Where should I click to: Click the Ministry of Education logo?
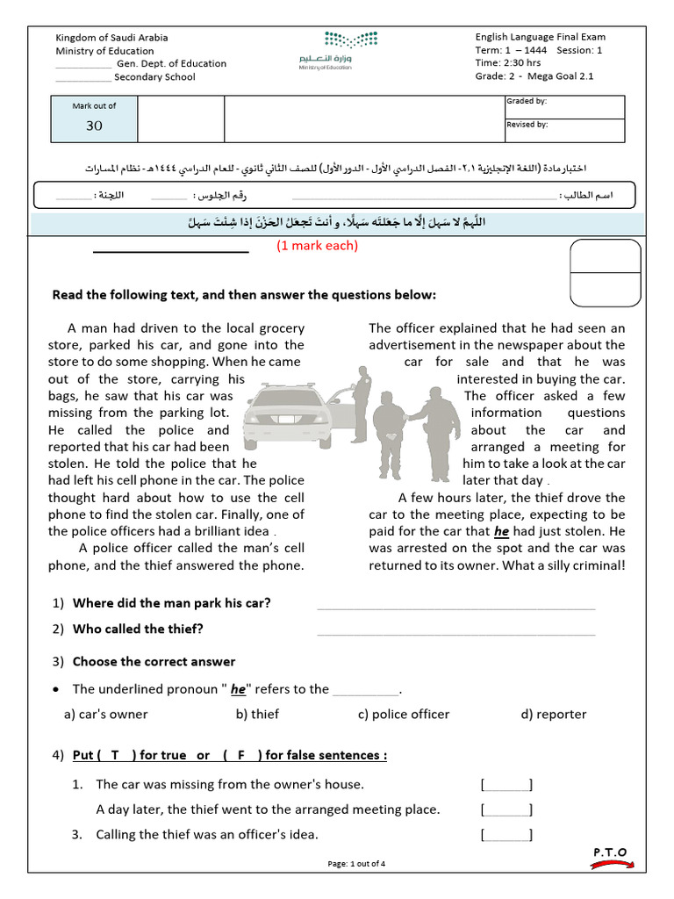point(338,50)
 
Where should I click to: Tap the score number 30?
point(94,126)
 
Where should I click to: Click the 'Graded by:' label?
point(527,102)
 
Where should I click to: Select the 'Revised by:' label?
point(527,125)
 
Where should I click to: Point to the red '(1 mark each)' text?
point(317,246)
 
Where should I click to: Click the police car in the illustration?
point(285,412)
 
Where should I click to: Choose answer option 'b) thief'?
point(257,714)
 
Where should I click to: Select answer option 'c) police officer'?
point(403,714)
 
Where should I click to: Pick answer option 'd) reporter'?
point(553,714)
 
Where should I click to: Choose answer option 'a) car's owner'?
point(106,714)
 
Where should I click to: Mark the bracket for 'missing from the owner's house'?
point(506,784)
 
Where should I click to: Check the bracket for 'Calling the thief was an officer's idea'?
point(506,834)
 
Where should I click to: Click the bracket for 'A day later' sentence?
point(506,809)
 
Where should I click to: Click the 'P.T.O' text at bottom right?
point(610,852)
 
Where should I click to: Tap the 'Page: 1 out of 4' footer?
point(355,864)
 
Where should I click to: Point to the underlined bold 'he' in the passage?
point(501,531)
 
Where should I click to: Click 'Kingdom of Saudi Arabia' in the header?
point(112,38)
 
